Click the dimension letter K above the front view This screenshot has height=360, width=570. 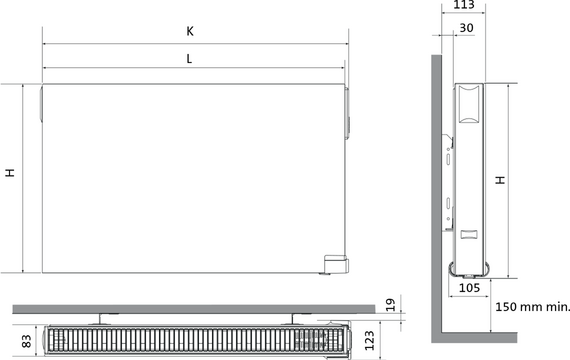point(190,31)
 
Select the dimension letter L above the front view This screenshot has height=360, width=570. point(189,59)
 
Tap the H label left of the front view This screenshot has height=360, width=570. point(10,172)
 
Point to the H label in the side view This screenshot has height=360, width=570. point(501,180)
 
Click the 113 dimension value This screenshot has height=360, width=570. point(464,5)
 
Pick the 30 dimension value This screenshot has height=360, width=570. point(466,28)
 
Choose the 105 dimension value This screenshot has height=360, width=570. point(469,288)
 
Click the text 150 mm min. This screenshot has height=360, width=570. point(532,307)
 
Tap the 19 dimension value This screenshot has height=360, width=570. point(390,305)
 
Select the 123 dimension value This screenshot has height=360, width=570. point(369,340)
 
